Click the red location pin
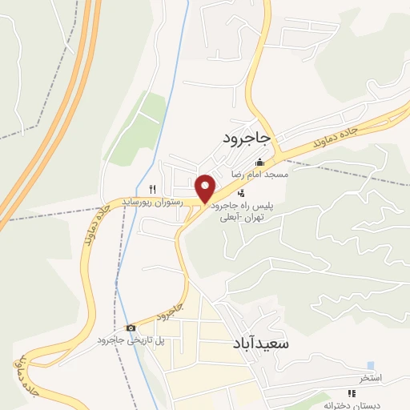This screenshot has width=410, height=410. click(x=206, y=188)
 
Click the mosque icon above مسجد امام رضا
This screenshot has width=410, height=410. click(x=259, y=163)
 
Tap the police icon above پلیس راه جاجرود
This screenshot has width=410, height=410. click(x=241, y=193)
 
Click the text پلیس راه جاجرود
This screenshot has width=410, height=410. click(x=243, y=206)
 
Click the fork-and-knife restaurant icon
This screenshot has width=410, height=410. click(x=152, y=190)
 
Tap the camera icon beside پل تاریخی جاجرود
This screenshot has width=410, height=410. click(x=131, y=328)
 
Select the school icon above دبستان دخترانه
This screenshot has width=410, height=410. click(x=350, y=392)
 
